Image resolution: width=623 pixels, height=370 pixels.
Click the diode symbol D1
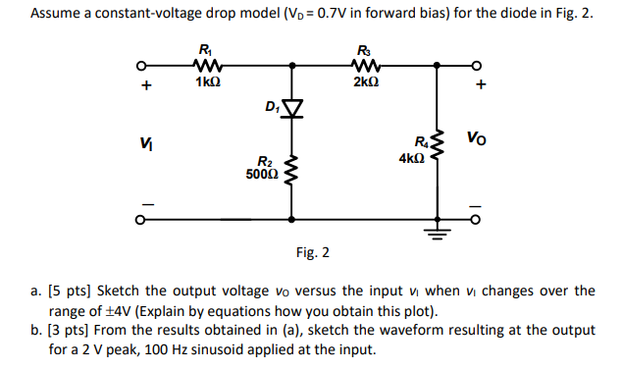291,106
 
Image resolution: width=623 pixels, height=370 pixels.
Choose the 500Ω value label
263,174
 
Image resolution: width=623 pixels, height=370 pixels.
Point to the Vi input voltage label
145,144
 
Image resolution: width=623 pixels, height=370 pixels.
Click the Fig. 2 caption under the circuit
312,253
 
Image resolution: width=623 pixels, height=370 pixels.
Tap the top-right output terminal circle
478,67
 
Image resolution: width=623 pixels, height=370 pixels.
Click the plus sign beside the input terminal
146,86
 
